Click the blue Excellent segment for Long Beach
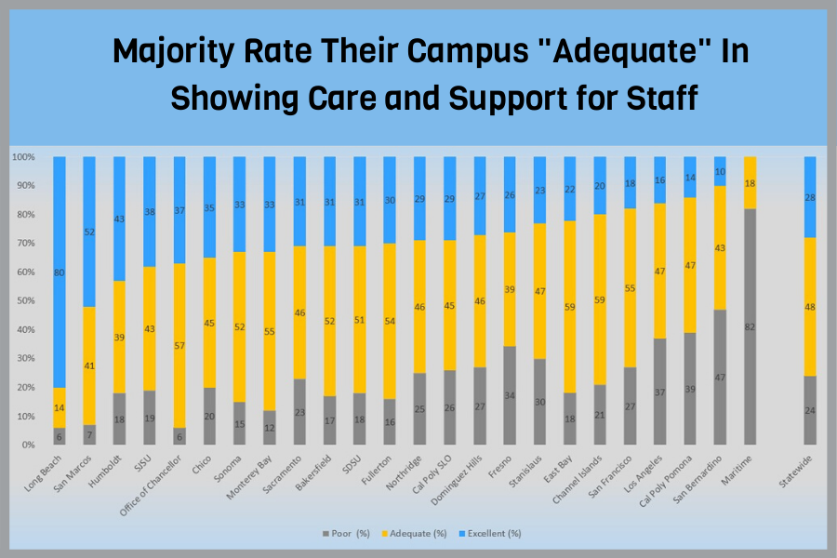point(60,273)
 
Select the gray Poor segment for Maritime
point(750,326)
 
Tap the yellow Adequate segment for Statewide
point(810,306)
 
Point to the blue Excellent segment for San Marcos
point(89,232)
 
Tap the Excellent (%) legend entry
point(492,533)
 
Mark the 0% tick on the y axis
point(28,445)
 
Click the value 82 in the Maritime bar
point(750,327)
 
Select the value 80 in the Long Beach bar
point(60,273)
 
